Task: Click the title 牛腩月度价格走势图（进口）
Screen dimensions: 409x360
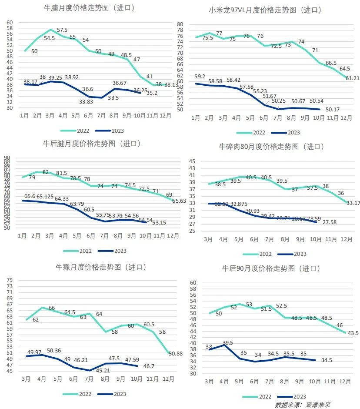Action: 89,8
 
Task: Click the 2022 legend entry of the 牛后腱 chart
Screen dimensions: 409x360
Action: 78,251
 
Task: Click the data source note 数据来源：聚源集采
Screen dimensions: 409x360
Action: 303,405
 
